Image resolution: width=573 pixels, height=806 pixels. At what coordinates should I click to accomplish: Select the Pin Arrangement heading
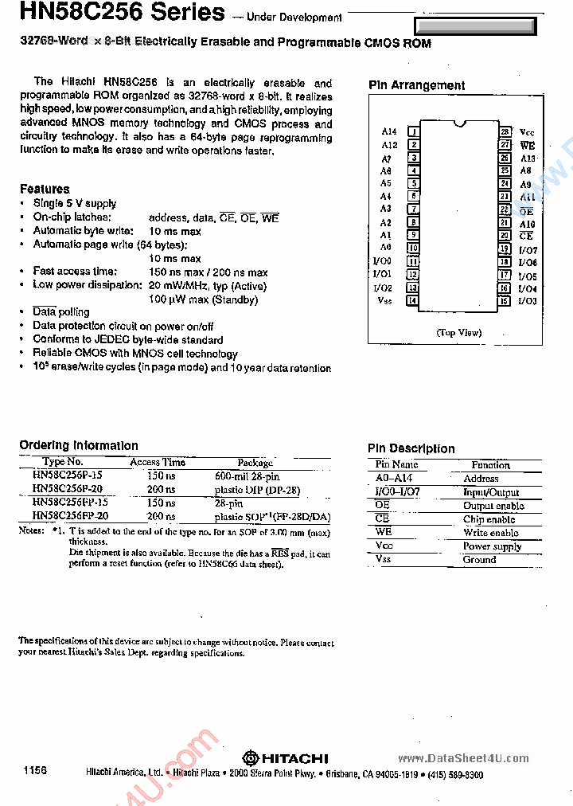click(416, 85)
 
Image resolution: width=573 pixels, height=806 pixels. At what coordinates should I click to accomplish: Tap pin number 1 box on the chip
click(413, 132)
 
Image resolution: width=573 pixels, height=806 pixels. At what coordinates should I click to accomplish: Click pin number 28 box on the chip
click(505, 132)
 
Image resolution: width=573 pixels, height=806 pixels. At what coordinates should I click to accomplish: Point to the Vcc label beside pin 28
click(527, 132)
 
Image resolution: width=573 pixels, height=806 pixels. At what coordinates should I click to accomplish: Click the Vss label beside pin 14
click(385, 301)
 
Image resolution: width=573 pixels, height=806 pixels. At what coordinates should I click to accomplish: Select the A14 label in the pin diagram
click(388, 132)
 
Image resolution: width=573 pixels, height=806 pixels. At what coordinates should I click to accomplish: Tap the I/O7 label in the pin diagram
click(528, 249)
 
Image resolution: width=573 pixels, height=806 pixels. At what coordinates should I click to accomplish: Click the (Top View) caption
click(458, 333)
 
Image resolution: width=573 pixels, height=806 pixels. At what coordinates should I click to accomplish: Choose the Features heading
click(45, 189)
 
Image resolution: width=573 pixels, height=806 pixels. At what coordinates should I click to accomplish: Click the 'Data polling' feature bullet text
click(60, 312)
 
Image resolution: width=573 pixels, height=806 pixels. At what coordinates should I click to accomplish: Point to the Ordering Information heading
click(79, 446)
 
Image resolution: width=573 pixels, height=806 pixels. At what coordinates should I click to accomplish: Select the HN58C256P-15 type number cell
click(67, 475)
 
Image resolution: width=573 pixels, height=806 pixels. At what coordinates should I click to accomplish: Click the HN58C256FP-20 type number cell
click(70, 516)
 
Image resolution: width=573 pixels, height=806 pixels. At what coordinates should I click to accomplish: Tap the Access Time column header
click(158, 462)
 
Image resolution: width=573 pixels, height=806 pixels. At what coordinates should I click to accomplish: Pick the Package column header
click(255, 462)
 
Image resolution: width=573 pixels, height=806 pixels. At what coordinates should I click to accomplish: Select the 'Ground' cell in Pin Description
click(479, 560)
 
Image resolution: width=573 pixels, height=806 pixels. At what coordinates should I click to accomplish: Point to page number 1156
click(35, 771)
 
